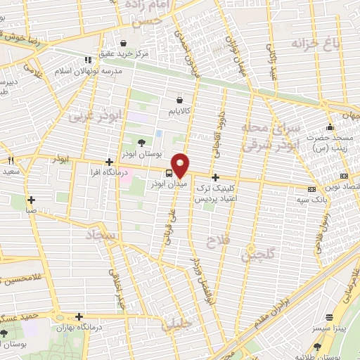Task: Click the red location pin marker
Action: [181, 165]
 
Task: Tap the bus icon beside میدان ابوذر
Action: [169, 172]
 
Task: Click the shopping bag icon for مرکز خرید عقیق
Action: [124, 41]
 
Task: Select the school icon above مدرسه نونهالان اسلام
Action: [87, 60]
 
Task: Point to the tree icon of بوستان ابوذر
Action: [143, 143]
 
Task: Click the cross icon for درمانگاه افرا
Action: [108, 162]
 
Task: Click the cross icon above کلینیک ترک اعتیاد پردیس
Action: [215, 178]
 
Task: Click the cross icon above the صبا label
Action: [31, 200]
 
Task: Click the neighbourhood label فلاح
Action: [215, 243]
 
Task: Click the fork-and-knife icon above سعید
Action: [10, 161]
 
